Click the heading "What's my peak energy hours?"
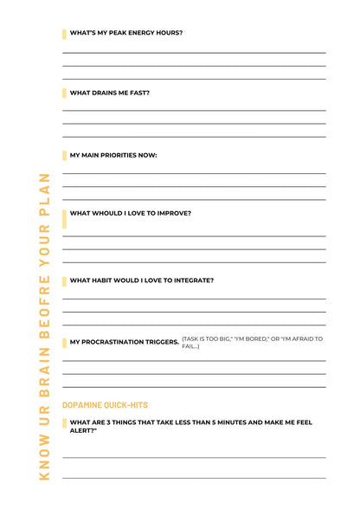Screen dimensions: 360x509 pyautogui.click(x=126, y=33)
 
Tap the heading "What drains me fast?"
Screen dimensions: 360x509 pyautogui.click(x=109, y=93)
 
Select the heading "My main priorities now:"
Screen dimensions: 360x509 pyautogui.click(x=112, y=156)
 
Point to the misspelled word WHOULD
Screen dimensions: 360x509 pyautogui.click(x=101, y=213)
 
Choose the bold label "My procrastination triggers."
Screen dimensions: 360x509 pyautogui.click(x=125, y=342)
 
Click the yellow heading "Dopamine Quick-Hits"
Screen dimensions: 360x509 pyautogui.click(x=105, y=404)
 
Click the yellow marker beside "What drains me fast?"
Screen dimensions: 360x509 pyautogui.click(x=64, y=93)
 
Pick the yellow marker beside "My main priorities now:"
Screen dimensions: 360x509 pyautogui.click(x=64, y=156)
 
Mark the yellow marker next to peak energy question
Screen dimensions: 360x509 pyautogui.click(x=64, y=34)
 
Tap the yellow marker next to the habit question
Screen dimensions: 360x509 pyautogui.click(x=64, y=281)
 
